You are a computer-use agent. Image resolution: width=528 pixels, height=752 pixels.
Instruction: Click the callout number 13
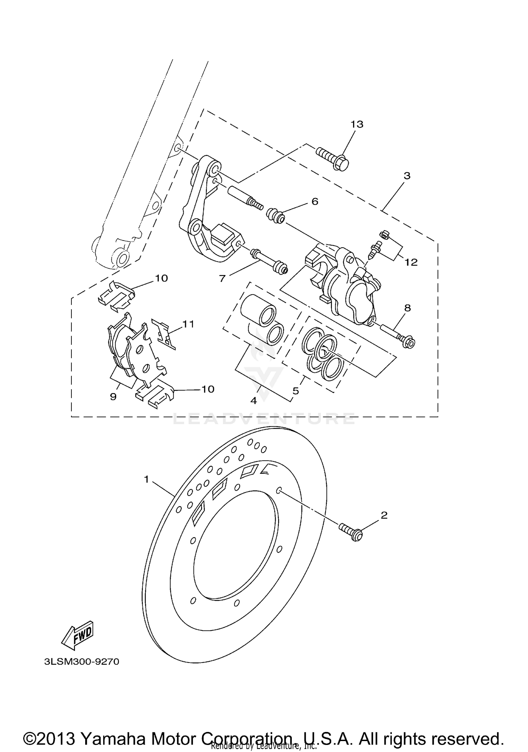[357, 124]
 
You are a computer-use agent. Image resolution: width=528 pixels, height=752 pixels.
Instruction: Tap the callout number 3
[407, 175]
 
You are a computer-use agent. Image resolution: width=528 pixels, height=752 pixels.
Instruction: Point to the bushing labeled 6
[276, 216]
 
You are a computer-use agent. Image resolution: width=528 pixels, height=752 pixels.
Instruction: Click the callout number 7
[222, 278]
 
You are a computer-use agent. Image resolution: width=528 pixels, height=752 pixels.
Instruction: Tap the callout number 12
[411, 262]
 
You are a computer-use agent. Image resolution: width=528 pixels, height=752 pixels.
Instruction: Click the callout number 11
[188, 324]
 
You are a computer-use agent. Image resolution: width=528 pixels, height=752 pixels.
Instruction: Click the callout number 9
[113, 397]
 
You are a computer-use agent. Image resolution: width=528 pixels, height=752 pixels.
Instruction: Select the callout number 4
[253, 400]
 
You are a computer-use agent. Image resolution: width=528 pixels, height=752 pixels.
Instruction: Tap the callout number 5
[295, 391]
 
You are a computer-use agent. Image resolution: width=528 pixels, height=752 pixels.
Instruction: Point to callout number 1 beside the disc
[147, 479]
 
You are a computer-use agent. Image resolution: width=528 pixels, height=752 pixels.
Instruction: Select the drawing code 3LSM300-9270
[82, 661]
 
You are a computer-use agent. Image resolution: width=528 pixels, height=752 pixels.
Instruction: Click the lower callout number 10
[208, 389]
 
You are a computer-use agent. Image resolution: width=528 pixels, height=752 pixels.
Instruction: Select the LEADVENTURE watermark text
[264, 419]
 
